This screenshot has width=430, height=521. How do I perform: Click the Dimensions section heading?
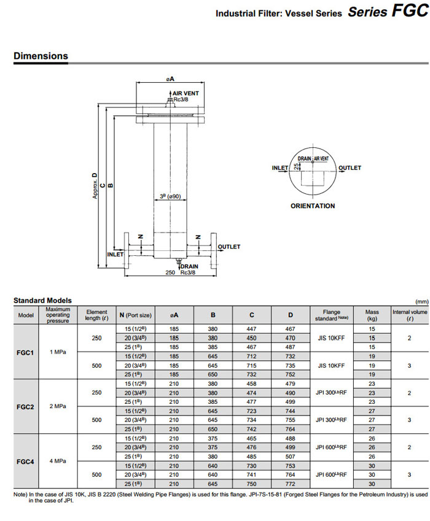pyautogui.click(x=41, y=56)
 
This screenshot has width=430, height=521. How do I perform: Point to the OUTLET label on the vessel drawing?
pyautogui.click(x=229, y=247)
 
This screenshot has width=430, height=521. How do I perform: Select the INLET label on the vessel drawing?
pyautogui.click(x=115, y=254)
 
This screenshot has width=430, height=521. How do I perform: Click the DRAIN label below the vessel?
pyautogui.click(x=189, y=266)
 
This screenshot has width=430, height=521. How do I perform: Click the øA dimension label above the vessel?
pyautogui.click(x=170, y=79)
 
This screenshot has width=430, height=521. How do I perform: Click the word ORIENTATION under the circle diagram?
pyautogui.click(x=313, y=206)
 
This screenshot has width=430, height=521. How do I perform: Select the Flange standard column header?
pyautogui.click(x=331, y=315)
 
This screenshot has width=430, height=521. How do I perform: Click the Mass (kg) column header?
pyautogui.click(x=372, y=315)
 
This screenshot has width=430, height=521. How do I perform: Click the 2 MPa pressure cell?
pyautogui.click(x=58, y=406)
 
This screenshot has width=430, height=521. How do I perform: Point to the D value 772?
pyautogui.click(x=291, y=485)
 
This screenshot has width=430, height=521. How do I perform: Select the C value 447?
pyautogui.click(x=251, y=329)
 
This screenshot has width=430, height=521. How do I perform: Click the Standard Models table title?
pyautogui.click(x=42, y=300)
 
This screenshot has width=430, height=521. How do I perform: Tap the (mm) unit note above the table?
pyautogui.click(x=421, y=301)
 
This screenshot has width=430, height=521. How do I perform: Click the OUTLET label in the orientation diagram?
pyautogui.click(x=350, y=168)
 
